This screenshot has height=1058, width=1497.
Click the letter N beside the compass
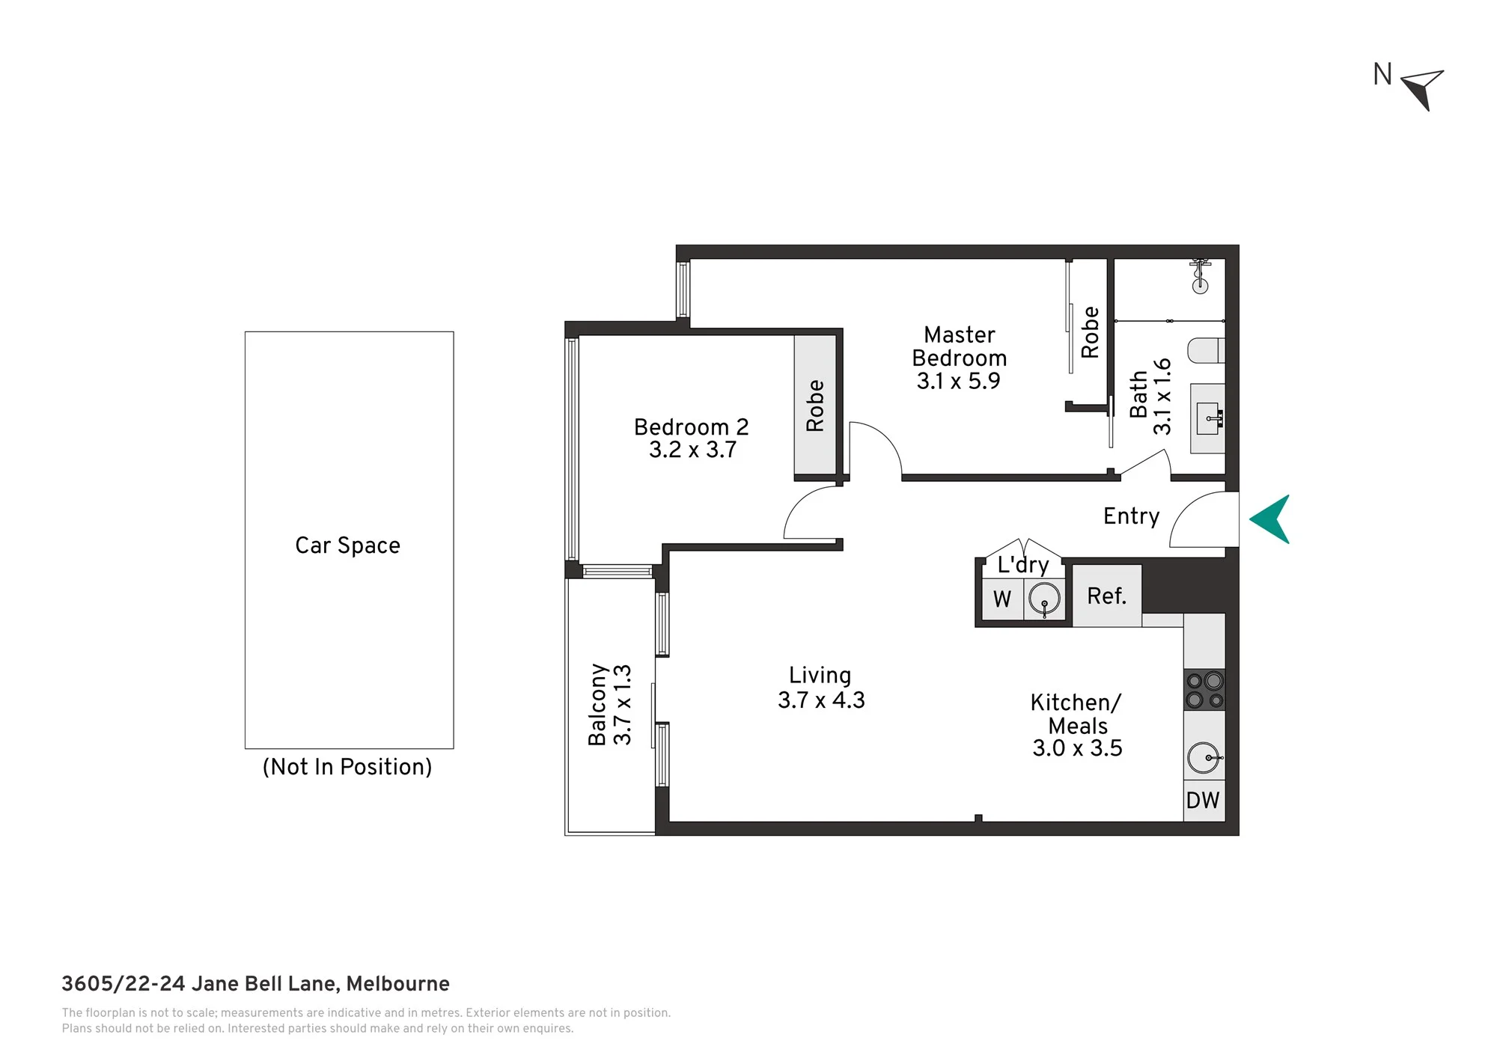1382,75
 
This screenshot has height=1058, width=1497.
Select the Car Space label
347,545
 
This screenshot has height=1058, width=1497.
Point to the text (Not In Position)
347,767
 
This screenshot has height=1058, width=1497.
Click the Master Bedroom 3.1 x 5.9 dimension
959,381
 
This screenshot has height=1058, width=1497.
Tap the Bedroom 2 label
691,427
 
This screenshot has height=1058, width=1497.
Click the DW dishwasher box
1204,801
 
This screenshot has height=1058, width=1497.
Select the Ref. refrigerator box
1107,596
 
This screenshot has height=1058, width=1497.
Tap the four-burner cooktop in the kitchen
1204,690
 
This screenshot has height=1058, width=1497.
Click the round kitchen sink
1204,758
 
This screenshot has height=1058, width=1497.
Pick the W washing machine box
1002,599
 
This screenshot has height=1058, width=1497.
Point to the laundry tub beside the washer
1044,599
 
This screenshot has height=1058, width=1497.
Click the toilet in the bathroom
1207,350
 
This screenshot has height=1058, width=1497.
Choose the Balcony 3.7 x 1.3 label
610,705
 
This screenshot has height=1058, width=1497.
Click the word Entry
1131,517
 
